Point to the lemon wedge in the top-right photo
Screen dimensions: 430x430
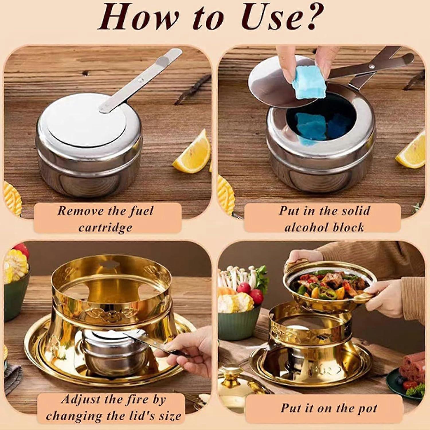click(411, 150)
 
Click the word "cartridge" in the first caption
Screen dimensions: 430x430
click(105, 227)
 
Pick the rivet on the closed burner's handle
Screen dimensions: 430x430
click(141, 81)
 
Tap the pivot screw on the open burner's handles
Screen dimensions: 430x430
click(372, 67)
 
